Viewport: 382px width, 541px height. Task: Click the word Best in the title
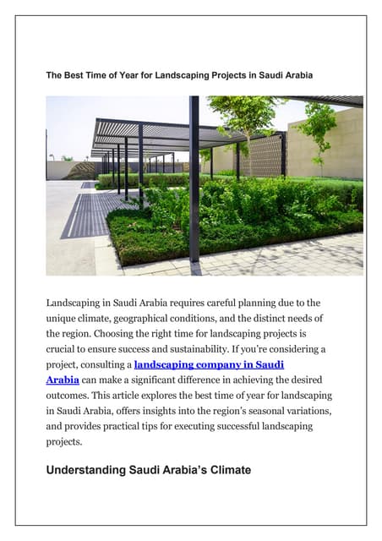(x=79, y=76)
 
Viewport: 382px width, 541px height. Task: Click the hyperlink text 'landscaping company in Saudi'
(x=209, y=364)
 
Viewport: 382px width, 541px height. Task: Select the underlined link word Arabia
(x=63, y=380)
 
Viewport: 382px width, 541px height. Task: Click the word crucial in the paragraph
(x=63, y=349)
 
